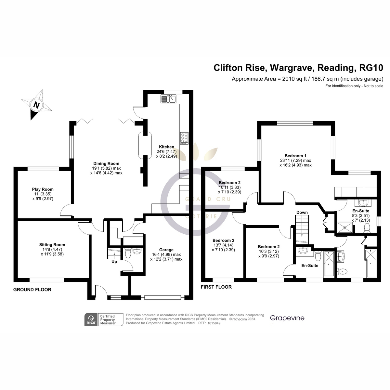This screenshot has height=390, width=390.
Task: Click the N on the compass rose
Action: point(37,105)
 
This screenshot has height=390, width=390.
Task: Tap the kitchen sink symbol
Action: point(168,98)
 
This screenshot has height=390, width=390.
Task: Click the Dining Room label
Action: point(106,163)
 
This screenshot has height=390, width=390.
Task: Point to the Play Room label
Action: point(43,189)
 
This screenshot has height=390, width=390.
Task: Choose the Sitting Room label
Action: point(52,245)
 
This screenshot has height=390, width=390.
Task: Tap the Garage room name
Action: point(166,250)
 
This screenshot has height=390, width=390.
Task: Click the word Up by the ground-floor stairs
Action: point(114,261)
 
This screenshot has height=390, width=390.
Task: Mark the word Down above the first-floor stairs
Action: point(302,213)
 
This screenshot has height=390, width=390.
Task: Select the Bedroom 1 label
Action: point(295,156)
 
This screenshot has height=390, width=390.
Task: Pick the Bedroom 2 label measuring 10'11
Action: point(230,183)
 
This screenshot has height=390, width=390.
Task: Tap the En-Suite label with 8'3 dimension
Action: point(361,211)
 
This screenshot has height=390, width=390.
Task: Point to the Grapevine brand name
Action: point(287,318)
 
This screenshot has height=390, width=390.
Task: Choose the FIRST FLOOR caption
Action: point(216,287)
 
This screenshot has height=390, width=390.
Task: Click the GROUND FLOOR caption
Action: point(32,290)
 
